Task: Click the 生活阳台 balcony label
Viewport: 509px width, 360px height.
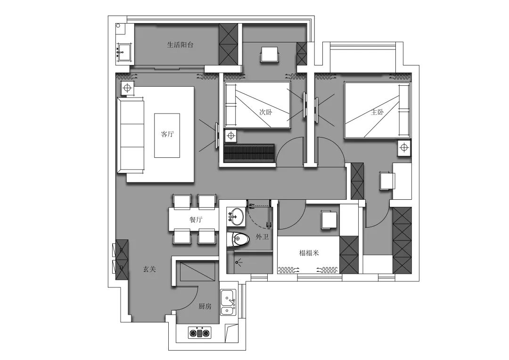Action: point(180,45)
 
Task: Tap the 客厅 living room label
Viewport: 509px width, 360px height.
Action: point(167,134)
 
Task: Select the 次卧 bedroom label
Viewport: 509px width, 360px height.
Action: point(265,112)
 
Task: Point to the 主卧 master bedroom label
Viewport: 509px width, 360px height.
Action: point(377,112)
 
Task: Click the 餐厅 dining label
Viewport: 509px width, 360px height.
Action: point(196,220)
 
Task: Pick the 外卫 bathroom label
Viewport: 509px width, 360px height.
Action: point(262,237)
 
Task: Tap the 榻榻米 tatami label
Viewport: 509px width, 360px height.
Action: point(309,253)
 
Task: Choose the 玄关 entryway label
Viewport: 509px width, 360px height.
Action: point(150,269)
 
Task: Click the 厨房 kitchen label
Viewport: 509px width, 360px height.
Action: point(205,306)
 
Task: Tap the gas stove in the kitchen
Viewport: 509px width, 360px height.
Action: point(200,332)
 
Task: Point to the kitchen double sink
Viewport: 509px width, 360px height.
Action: point(229,303)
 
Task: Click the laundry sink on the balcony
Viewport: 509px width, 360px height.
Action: point(123,52)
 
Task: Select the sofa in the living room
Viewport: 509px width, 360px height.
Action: point(130,136)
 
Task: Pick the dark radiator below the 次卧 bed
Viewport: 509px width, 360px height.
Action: point(249,153)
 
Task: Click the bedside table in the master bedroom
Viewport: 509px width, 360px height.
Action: point(404,148)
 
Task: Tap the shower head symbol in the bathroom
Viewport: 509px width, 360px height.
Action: point(239,262)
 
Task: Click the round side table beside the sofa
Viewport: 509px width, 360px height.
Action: point(128,88)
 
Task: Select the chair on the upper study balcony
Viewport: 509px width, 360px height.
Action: point(269,54)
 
